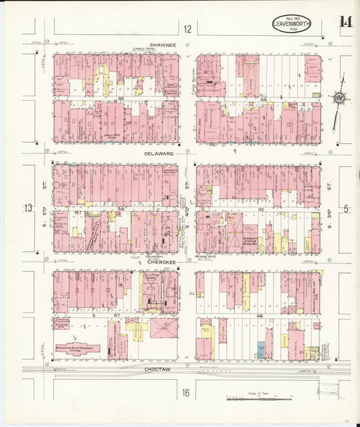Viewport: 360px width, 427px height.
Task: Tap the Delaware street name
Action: (160, 153)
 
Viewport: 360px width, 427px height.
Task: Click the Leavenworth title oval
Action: (292, 24)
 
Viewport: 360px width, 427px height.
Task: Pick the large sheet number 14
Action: (345, 22)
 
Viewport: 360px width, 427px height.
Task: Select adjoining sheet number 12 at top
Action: (186, 28)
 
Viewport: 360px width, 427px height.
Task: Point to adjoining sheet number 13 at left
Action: (28, 208)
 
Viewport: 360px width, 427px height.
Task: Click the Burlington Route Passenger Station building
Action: (77, 349)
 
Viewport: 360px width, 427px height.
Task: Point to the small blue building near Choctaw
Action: (261, 351)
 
